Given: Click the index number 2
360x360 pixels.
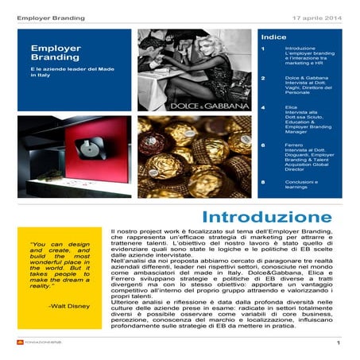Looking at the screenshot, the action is [263, 78].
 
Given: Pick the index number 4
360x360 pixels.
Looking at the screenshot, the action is [263, 106].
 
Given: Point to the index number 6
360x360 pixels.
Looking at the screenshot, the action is [263, 145].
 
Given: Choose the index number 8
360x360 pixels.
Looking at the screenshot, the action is [263, 183].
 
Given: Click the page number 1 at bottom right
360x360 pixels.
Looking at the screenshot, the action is [339, 343].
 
